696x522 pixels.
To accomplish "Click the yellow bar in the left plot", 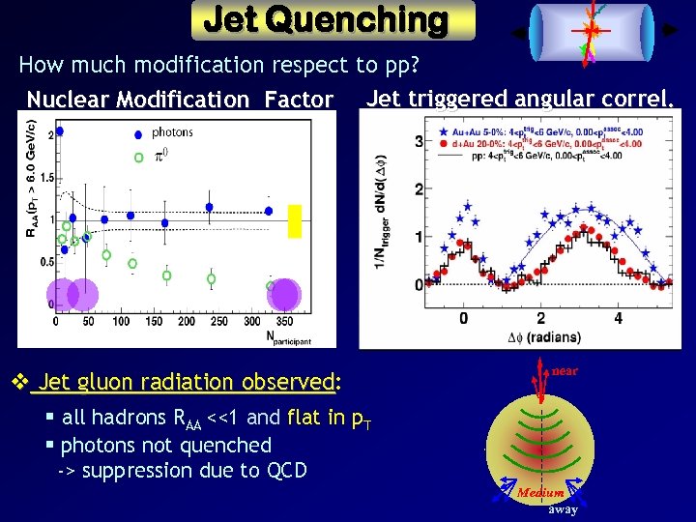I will pyautogui.click(x=296, y=221).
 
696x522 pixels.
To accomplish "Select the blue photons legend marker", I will pyautogui.click(x=138, y=133).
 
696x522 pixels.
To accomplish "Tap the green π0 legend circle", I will pyautogui.click(x=138, y=156).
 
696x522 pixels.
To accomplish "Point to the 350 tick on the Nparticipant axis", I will pyautogui.click(x=284, y=321).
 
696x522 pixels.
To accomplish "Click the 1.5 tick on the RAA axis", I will pyautogui.click(x=45, y=177).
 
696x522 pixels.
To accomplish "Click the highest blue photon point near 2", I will pyautogui.click(x=60, y=131).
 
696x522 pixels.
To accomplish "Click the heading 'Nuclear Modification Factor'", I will pyautogui.click(x=180, y=99).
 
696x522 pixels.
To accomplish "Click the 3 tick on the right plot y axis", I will pyautogui.click(x=418, y=142).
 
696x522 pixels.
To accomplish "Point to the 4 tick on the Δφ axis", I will pyautogui.click(x=618, y=318).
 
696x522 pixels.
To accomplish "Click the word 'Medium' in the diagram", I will pyautogui.click(x=540, y=493).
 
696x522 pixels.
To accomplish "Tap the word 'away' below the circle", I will pyautogui.click(x=564, y=509).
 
